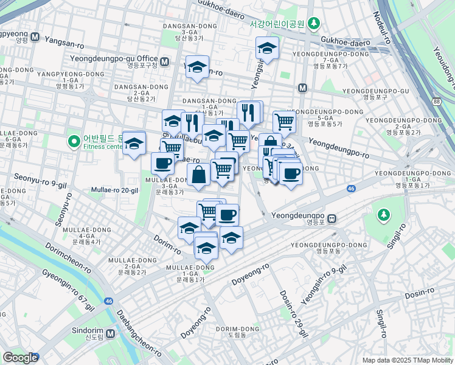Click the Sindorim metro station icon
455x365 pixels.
pos(110,334)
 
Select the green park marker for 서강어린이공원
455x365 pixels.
pos(314,24)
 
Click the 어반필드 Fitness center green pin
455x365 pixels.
pos(74,142)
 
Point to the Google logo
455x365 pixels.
pos(20,358)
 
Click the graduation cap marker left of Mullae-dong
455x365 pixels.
pos(134,145)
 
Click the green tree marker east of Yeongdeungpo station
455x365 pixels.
pos(383,214)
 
